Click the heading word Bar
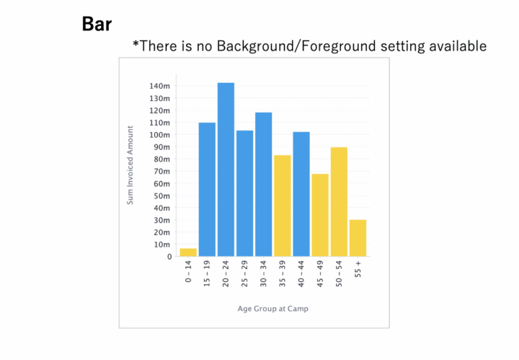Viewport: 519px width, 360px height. (x=97, y=24)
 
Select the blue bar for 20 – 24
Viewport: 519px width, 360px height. (x=226, y=170)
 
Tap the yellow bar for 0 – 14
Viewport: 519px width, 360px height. (x=188, y=252)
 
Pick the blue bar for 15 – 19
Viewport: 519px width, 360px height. (x=207, y=189)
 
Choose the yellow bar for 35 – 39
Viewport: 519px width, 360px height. (x=282, y=206)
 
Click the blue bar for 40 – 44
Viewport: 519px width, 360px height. (x=301, y=193)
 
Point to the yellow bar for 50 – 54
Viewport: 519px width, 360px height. (x=339, y=201)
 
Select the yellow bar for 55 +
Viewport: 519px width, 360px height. (x=358, y=237)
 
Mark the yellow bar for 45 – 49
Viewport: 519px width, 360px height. (x=320, y=215)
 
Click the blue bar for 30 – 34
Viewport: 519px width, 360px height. (x=263, y=184)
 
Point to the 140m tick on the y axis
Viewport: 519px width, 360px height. (x=159, y=87)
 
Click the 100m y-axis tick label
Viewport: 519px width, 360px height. (x=159, y=135)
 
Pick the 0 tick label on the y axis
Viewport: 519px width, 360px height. (x=169, y=256)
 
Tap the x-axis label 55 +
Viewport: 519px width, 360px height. (x=358, y=272)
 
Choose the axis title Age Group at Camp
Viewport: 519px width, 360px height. (x=272, y=309)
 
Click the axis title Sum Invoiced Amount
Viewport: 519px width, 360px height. (x=130, y=164)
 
